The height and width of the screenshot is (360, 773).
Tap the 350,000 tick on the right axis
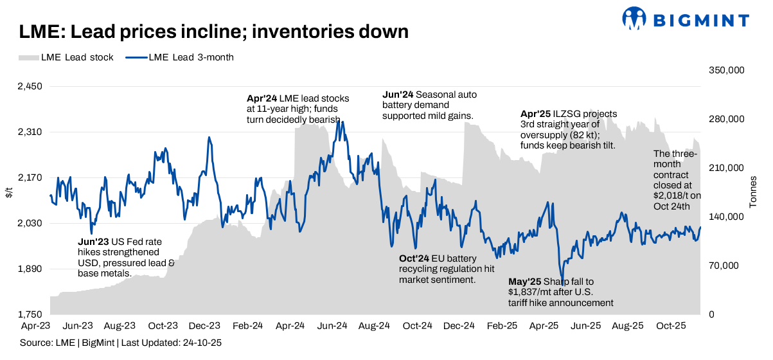726,70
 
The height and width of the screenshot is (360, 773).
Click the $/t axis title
9,192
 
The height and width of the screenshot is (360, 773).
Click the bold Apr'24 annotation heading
262,99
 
